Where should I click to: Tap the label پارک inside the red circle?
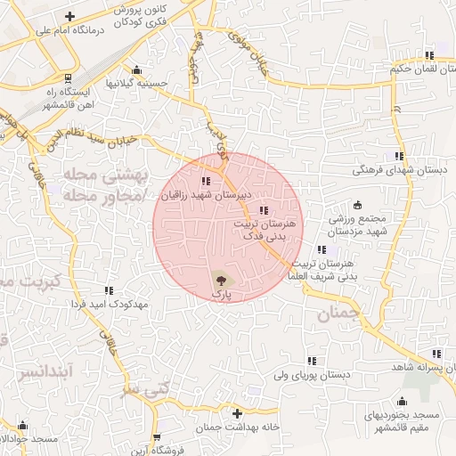[x=219, y=292]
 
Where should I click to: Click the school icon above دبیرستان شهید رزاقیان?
[x=207, y=181]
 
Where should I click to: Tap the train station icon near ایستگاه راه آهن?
[x=69, y=76]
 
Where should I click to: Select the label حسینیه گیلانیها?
[x=137, y=83]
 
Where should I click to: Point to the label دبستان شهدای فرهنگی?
[x=396, y=168]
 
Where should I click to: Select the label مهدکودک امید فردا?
[x=110, y=303]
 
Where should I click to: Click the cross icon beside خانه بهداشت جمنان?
[x=236, y=414]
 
